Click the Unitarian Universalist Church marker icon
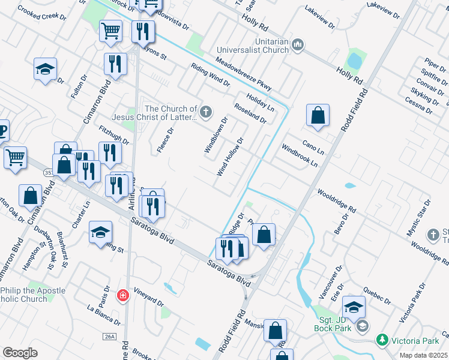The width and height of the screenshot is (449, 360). coord(298,46)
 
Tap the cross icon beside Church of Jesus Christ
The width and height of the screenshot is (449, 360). coord(206,111)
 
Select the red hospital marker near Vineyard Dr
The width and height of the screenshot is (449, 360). coord(123,296)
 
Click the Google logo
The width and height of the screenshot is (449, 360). coord(20,353)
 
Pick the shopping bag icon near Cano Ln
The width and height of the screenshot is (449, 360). coord(318,116)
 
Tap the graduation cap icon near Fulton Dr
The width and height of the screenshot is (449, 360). coord(45,70)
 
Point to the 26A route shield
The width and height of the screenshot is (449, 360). coord(109,337)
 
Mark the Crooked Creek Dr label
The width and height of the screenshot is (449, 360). coord(42,13)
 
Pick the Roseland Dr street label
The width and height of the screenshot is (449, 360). coord(250,112)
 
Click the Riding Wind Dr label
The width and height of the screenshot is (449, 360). coord(210,75)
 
